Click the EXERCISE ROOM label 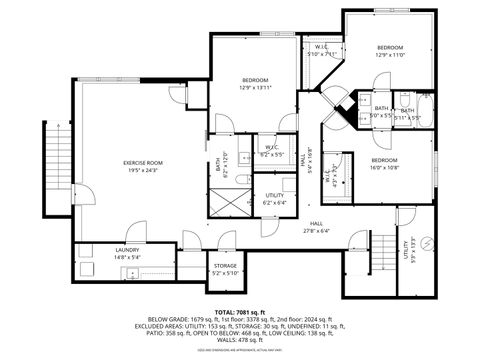point(143,162)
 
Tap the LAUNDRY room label point(127,250)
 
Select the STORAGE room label point(225,266)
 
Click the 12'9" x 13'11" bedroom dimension point(256,88)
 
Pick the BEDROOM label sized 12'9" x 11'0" point(390,48)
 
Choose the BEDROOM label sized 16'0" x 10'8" point(385,161)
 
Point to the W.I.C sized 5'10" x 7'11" point(322,48)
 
